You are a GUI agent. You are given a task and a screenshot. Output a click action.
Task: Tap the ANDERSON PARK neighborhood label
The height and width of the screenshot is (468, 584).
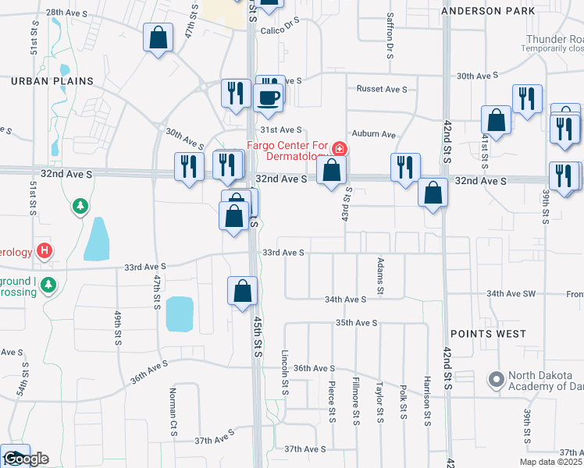click(x=499, y=11)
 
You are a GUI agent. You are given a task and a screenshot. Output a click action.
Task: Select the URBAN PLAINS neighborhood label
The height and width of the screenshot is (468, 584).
click(x=52, y=81)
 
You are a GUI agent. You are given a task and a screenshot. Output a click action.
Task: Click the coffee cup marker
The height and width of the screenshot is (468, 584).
click(x=269, y=99)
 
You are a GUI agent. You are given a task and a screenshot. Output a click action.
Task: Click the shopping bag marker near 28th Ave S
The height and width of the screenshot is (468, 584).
click(x=158, y=37)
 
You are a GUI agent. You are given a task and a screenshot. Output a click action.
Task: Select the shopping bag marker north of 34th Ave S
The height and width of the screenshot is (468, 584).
click(x=243, y=291)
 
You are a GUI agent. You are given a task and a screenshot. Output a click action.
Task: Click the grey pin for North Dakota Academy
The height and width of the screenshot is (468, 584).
click(x=496, y=380)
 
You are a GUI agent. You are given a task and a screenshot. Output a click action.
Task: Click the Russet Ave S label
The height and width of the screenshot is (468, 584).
click(x=382, y=89)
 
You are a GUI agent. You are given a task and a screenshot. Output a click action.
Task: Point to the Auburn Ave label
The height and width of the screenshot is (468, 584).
click(x=374, y=134)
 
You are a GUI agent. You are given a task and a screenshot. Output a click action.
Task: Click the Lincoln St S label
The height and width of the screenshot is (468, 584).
click(x=287, y=372)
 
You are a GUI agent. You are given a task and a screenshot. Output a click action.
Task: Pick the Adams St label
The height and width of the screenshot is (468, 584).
click(x=380, y=276)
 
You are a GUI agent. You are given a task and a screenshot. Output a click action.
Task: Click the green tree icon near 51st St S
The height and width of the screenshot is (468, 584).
click(x=80, y=207)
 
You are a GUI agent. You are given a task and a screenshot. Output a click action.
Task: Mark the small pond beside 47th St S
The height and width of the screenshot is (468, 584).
click(x=180, y=314)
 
